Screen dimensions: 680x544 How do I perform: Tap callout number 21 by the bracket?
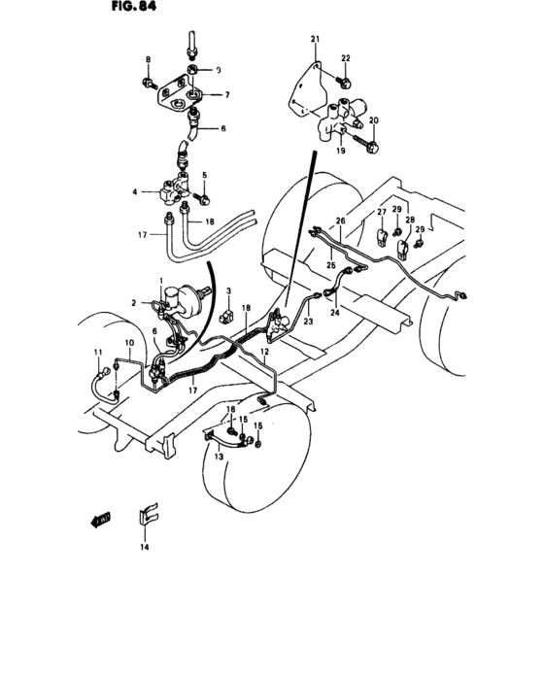pyautogui.click(x=315, y=39)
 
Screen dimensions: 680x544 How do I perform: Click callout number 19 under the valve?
pyautogui.click(x=341, y=152)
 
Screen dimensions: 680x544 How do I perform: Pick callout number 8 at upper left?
pyautogui.click(x=148, y=60)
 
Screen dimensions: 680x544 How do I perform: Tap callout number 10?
pyautogui.click(x=128, y=344)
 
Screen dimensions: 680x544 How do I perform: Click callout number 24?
pyautogui.click(x=336, y=314)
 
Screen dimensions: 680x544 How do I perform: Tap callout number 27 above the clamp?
pyautogui.click(x=383, y=212)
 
